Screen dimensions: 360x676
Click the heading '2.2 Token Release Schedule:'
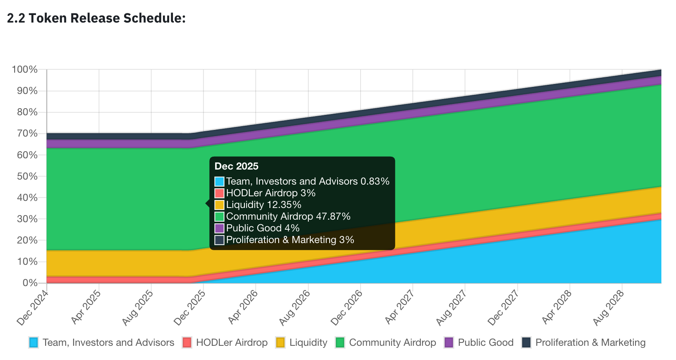pos(97,18)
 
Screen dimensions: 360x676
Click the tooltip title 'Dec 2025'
pos(236,166)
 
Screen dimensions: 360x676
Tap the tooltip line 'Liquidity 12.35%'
pos(264,205)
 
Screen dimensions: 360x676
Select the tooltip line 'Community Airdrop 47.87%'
pos(288,216)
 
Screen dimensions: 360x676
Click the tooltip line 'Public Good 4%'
pos(263,228)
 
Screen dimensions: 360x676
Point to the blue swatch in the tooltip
pos(219,182)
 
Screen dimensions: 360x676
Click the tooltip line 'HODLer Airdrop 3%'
pos(271,193)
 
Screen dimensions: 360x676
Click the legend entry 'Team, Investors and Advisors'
pos(108,343)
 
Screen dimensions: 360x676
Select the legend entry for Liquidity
pos(308,343)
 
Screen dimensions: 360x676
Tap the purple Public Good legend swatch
pos(449,343)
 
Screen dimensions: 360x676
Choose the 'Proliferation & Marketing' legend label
pos(590,343)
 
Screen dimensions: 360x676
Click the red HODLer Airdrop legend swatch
pos(187,343)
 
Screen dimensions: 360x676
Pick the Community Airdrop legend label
pos(392,343)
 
